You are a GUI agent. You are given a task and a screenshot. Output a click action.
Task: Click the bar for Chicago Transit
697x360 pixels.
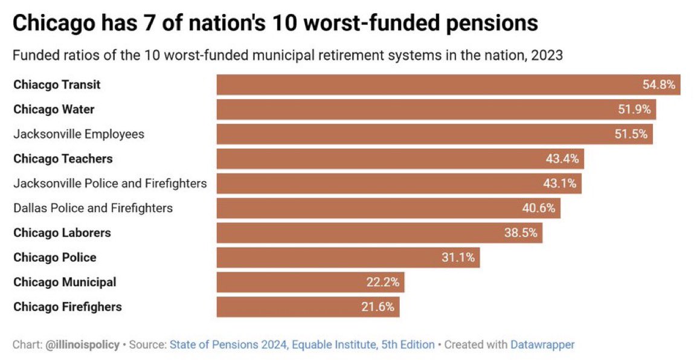(448, 85)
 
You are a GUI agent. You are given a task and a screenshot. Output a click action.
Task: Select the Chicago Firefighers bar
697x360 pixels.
(308, 307)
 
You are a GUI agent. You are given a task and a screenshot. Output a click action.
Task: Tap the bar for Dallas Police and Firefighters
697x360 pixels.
(389, 208)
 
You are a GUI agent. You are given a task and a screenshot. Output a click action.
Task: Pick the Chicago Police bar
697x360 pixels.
(348, 258)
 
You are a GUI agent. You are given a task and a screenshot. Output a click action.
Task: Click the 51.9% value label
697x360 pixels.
(634, 109)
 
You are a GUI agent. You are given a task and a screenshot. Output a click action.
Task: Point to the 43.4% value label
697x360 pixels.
(562, 159)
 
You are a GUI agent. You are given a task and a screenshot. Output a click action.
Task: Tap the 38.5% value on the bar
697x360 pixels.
(521, 233)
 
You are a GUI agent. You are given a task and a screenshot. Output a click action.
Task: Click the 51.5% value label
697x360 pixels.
(631, 134)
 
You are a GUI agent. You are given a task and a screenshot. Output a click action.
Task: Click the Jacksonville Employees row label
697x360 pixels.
(79, 134)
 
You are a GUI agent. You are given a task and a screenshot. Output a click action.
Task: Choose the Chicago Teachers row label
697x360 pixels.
(63, 159)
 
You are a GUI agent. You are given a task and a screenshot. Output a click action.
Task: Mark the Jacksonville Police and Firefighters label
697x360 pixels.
(110, 183)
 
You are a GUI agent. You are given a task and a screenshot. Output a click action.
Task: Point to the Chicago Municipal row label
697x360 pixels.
(65, 282)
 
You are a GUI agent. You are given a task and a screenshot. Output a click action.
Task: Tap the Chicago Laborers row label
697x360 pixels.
(62, 233)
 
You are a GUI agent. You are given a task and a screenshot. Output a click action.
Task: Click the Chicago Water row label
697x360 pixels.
(54, 109)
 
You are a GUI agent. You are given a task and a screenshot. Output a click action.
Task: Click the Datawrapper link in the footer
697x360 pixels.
(542, 345)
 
